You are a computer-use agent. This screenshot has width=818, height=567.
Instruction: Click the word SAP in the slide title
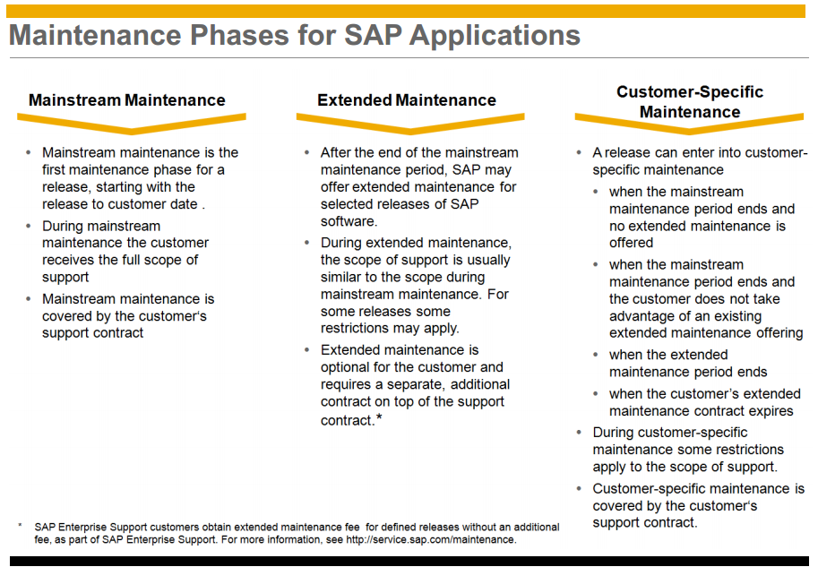click(373, 36)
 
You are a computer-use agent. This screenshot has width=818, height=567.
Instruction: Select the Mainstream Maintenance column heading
click(126, 99)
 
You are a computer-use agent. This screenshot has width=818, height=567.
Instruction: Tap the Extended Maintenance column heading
click(407, 99)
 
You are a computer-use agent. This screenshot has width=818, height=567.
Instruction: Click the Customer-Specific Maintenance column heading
click(690, 102)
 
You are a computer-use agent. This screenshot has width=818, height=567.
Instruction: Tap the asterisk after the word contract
click(379, 417)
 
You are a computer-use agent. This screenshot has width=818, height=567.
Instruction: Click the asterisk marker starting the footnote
click(20, 525)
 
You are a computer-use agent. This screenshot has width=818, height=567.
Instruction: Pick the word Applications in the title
click(495, 36)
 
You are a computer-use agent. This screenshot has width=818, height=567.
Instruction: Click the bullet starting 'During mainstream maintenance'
click(28, 226)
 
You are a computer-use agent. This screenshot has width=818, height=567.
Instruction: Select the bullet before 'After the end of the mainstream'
click(306, 152)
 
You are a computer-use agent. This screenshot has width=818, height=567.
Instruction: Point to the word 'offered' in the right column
click(631, 243)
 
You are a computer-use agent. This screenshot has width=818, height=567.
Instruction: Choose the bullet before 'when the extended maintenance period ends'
click(595, 355)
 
